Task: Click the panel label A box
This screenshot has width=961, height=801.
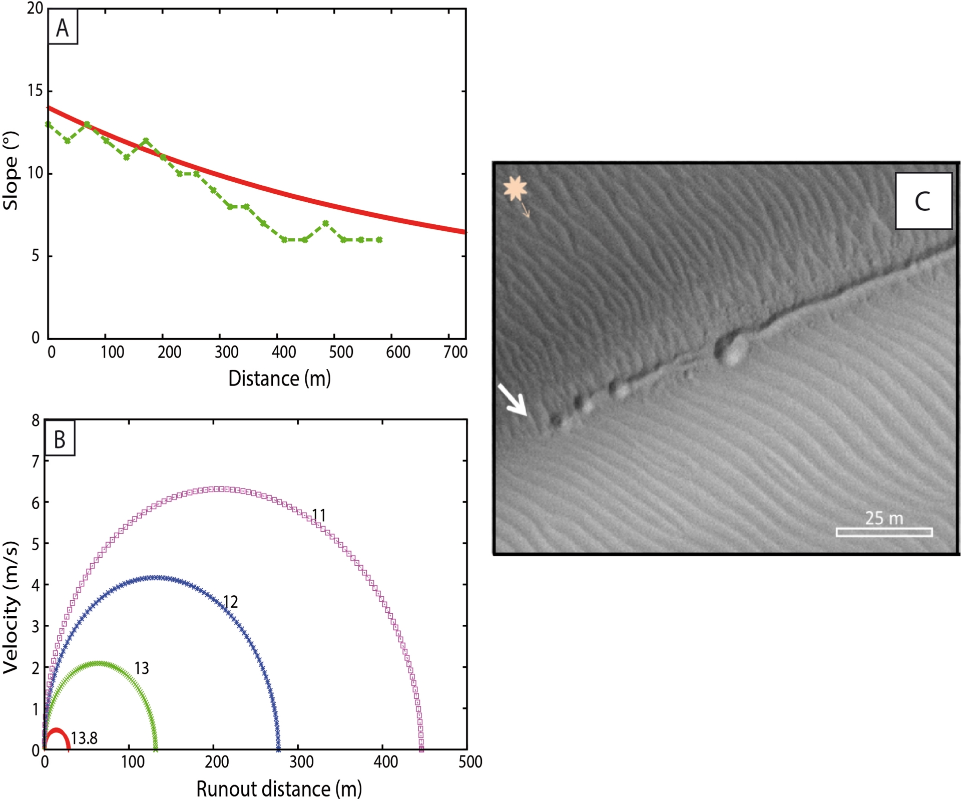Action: pos(63,28)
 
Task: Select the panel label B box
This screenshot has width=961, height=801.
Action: pos(60,439)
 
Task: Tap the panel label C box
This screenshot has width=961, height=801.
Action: pos(922,201)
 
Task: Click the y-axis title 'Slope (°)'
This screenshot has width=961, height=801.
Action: pos(11,171)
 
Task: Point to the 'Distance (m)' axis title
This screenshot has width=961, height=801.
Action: pos(279,379)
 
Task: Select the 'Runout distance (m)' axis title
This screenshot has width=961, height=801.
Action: pos(279,789)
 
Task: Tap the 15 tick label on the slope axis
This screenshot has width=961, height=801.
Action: pos(35,91)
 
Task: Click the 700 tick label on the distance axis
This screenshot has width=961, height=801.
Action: pos(455,352)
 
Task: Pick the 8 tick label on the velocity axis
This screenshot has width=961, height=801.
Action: pos(36,421)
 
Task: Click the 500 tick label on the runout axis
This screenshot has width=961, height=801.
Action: pos(470,762)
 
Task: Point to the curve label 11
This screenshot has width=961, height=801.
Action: pos(319,515)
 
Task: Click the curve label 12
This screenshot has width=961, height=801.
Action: pos(230,602)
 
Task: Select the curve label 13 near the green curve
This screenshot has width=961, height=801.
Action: pos(142,668)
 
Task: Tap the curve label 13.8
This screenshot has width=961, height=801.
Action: pos(84,738)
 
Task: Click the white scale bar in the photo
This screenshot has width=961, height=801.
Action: pos(884,532)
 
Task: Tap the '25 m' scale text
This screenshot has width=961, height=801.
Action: pos(884,518)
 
